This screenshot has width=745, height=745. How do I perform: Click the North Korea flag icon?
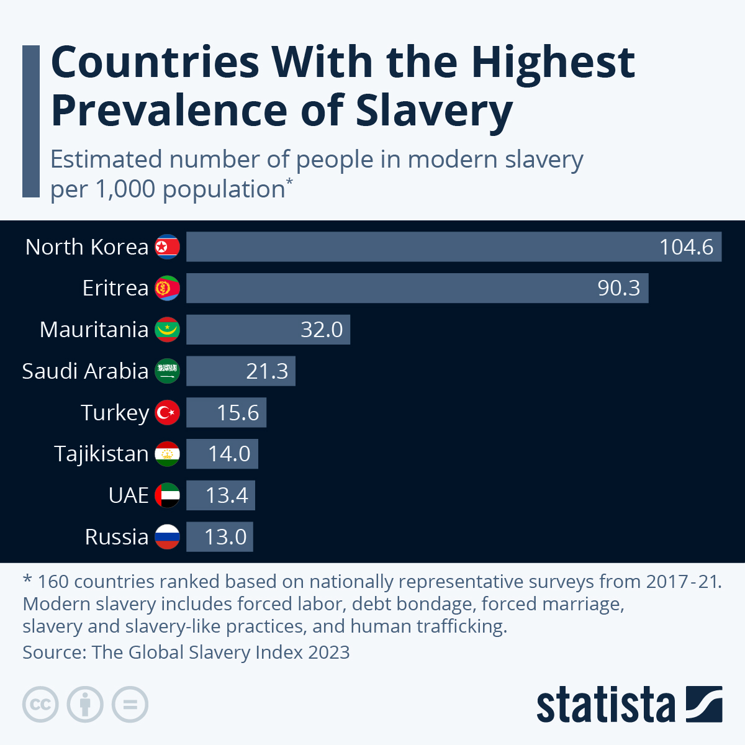(167, 247)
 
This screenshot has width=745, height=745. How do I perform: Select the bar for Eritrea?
(417, 288)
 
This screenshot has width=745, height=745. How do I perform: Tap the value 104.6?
(686, 247)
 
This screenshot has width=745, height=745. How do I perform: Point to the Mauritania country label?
(94, 330)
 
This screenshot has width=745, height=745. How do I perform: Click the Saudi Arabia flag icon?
(167, 371)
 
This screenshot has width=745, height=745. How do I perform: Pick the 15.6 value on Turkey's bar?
(238, 413)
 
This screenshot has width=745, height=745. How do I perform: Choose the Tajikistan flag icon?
(167, 454)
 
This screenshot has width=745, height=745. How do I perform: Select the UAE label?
(129, 495)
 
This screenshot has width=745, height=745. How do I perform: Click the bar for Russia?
(220, 537)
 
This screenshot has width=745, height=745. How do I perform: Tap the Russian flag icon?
(167, 537)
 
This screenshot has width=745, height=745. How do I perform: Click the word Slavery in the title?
(434, 111)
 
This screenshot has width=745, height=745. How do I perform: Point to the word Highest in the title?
(553, 62)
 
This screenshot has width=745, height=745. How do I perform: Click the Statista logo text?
(605, 705)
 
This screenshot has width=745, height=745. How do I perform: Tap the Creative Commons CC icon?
(40, 705)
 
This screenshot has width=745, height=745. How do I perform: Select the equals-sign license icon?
(130, 705)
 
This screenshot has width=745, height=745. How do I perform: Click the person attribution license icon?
(85, 705)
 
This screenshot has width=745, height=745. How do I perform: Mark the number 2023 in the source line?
(329, 652)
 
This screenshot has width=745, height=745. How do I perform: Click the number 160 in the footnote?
(53, 582)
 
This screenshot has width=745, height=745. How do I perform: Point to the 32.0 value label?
(322, 330)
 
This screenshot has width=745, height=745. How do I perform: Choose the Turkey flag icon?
(167, 413)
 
